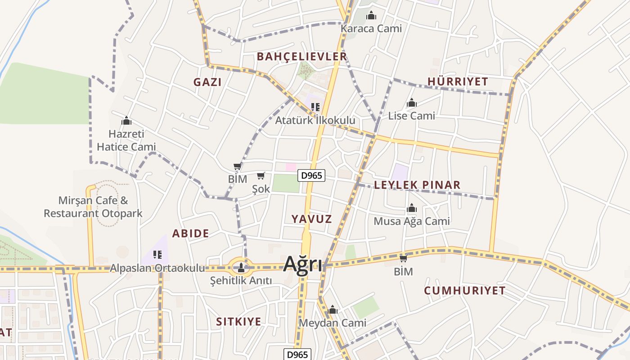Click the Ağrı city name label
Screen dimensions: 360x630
[302, 264]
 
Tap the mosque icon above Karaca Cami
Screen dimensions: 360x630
[371, 16]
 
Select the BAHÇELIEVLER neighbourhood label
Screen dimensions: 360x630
[302, 56]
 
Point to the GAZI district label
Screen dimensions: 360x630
[207, 82]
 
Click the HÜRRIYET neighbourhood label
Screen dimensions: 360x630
[458, 81]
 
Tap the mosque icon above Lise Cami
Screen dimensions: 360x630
[411, 103]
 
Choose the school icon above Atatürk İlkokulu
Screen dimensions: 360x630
[315, 107]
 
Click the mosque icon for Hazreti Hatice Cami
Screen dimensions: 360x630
[126, 121]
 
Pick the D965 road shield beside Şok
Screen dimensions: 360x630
[311, 175]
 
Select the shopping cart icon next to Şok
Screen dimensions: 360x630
[261, 176]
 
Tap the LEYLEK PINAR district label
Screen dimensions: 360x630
[417, 185]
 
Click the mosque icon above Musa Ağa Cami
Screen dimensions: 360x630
[411, 208]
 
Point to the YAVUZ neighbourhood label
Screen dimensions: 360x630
[311, 219]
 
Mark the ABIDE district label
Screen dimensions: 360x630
[190, 233]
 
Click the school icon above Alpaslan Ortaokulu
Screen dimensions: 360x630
[157, 255]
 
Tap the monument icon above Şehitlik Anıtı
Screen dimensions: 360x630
[241, 268]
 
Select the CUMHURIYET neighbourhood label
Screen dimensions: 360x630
[465, 290]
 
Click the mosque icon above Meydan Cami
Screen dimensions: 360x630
[333, 310]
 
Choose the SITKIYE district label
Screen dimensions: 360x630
[238, 322]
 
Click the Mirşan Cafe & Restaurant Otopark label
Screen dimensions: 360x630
[93, 207]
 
